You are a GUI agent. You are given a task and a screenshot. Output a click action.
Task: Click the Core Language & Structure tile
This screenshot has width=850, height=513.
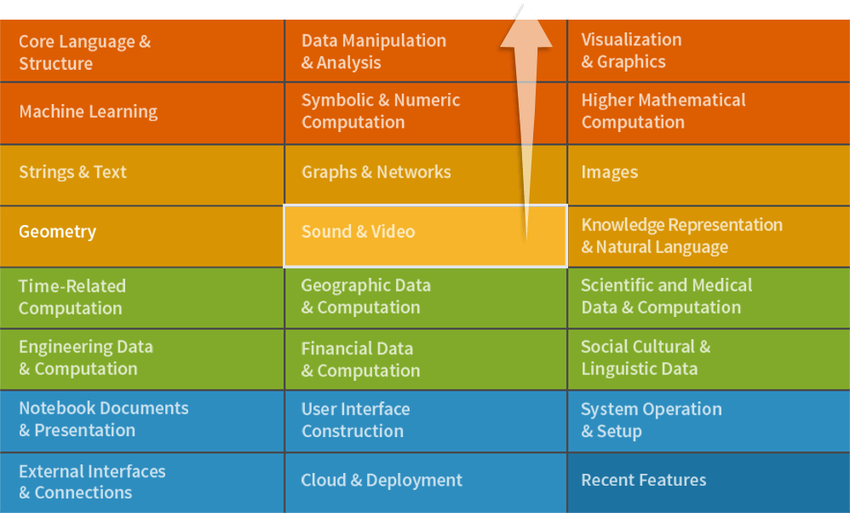pyautogui.click(x=85, y=52)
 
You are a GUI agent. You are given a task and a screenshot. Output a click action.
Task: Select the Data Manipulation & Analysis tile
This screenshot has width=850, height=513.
pyautogui.click(x=374, y=51)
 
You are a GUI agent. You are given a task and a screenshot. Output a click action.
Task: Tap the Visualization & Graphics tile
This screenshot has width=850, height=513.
pyautogui.click(x=631, y=50)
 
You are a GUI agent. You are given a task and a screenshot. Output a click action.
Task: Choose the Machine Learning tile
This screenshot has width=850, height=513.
pyautogui.click(x=89, y=112)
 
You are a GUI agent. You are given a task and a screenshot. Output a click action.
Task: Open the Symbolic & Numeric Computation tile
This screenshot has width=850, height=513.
pyautogui.click(x=381, y=111)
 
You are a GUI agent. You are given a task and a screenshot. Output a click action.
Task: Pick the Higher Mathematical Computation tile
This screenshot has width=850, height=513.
pyautogui.click(x=663, y=111)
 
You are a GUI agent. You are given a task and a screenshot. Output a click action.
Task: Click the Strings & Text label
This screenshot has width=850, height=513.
pyautogui.click(x=72, y=172)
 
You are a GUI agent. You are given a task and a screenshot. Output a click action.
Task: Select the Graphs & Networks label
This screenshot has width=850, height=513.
pyautogui.click(x=376, y=172)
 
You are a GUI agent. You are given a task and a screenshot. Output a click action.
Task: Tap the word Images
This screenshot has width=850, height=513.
pyautogui.click(x=609, y=172)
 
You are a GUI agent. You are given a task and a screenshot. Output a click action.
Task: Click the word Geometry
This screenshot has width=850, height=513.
pyautogui.click(x=57, y=232)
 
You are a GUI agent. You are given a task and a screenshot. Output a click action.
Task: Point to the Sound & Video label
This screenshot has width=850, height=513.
pyautogui.click(x=358, y=232)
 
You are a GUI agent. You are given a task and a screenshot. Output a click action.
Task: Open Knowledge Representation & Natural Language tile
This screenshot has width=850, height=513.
pyautogui.click(x=681, y=236)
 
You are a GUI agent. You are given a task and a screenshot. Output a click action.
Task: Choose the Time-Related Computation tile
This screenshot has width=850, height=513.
pyautogui.click(x=72, y=297)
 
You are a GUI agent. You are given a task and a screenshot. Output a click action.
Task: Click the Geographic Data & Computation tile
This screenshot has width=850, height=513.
pyautogui.click(x=365, y=296)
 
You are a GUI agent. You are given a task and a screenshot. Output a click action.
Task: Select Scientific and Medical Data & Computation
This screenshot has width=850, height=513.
pyautogui.click(x=667, y=296)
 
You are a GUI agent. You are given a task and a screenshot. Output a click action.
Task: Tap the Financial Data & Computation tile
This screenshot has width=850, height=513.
pyautogui.click(x=360, y=359)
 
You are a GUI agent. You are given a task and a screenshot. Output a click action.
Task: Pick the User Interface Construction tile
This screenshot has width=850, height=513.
pyautogui.click(x=355, y=420)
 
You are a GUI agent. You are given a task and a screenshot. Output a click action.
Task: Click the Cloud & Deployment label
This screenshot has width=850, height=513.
pyautogui.click(x=381, y=481)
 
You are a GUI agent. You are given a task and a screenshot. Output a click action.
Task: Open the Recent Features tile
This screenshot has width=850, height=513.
pyautogui.click(x=644, y=481)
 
